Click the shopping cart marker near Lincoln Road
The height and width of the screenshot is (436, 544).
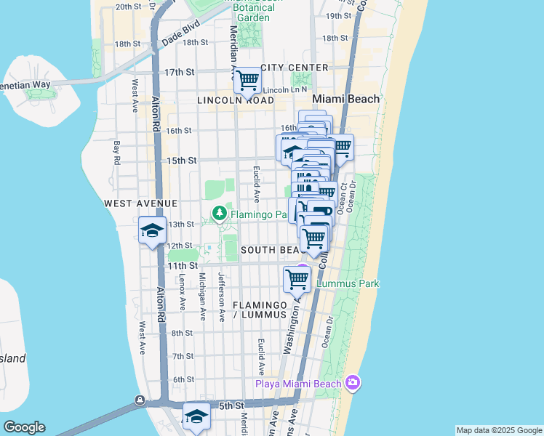[247, 80]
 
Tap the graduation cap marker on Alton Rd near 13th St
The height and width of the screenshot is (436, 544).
[153, 231]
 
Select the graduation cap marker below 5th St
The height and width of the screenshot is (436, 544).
[196, 416]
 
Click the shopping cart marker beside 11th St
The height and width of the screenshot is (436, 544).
[297, 278]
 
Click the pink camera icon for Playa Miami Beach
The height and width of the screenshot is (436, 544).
[353, 383]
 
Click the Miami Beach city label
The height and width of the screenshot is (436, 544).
[345, 99]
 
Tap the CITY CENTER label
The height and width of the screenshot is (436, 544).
[294, 68]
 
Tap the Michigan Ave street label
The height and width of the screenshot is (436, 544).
[202, 296]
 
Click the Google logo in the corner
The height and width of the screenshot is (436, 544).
[23, 427]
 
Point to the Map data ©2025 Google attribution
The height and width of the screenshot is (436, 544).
[498, 430]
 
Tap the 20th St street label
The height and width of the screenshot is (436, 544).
[127, 6]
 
